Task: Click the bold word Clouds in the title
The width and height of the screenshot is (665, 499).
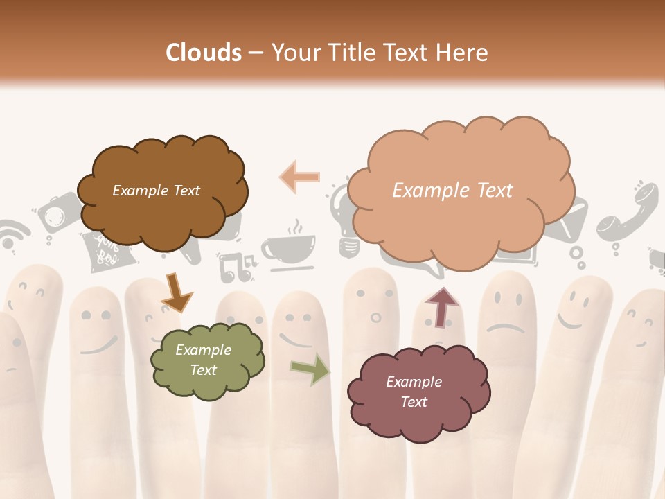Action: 204,53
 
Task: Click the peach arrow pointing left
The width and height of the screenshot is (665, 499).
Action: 300,177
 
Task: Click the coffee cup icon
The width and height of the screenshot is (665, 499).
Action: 287,246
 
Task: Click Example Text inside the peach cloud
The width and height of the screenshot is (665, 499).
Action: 452,191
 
